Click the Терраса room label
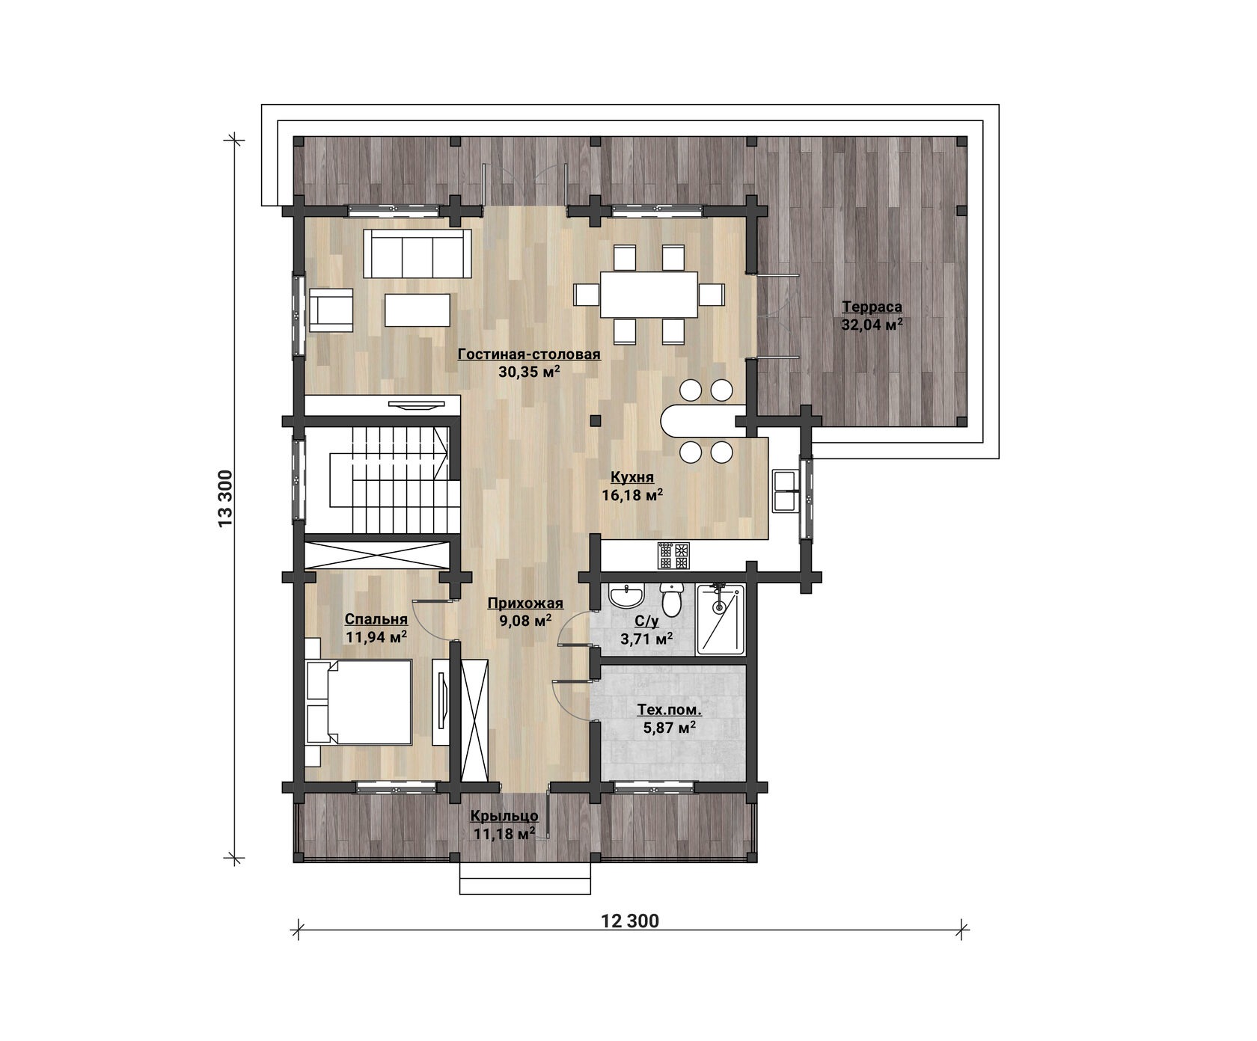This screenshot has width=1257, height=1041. [872, 307]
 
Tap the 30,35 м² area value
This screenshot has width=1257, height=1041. [530, 371]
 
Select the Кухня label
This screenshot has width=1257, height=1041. [632, 477]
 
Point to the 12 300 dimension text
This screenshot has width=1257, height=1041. [630, 921]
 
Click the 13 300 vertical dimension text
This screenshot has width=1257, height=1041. [227, 498]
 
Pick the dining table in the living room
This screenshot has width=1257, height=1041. [649, 294]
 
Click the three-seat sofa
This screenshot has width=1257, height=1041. [418, 253]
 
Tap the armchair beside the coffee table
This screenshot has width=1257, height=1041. [331, 310]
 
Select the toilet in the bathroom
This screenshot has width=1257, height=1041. [670, 601]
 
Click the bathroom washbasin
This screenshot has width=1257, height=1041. [626, 597]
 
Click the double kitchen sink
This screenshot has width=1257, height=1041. [786, 491]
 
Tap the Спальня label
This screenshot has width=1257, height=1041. [376, 619]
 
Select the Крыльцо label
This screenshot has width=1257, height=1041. [504, 816]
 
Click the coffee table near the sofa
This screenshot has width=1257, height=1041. [418, 310]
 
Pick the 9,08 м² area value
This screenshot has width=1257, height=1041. [525, 620]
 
